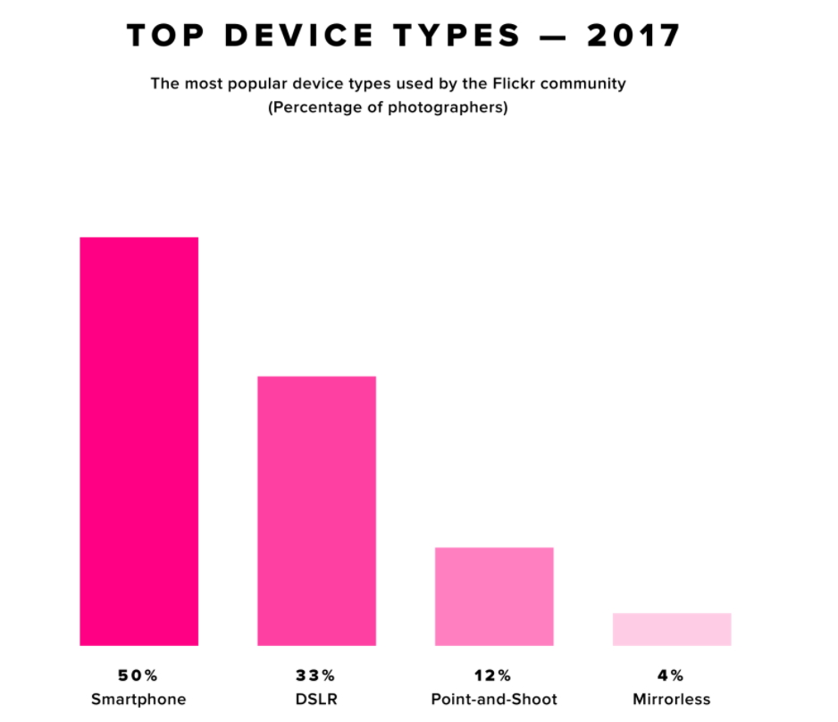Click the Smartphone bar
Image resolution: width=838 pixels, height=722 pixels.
(x=138, y=441)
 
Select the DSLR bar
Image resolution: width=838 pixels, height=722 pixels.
(x=316, y=510)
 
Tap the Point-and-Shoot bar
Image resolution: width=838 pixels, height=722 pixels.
(x=494, y=596)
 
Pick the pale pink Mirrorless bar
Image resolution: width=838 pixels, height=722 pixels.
(x=672, y=629)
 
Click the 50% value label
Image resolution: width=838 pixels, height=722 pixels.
(x=138, y=675)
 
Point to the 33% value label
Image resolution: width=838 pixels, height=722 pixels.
(x=316, y=675)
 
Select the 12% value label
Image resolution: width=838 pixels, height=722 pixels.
(x=493, y=675)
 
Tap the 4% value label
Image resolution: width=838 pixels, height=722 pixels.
(x=672, y=675)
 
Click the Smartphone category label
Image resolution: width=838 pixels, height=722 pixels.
(x=138, y=699)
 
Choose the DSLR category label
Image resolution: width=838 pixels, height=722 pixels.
(x=316, y=699)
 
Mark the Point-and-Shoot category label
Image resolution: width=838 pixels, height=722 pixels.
(x=494, y=699)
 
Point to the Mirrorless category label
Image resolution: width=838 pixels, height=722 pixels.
(x=672, y=699)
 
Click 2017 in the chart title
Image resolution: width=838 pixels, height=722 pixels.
(x=634, y=36)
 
